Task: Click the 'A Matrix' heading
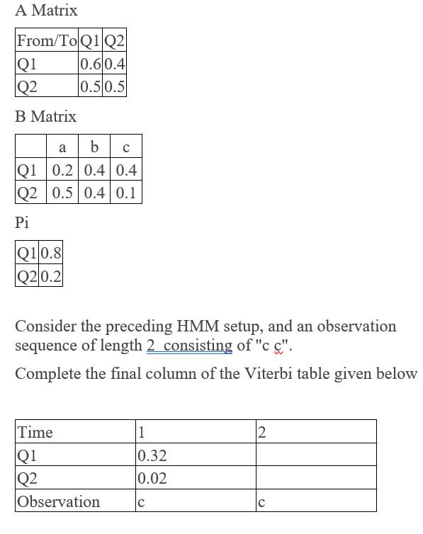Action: (x=46, y=11)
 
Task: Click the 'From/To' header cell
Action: (x=47, y=41)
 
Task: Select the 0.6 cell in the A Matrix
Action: (x=91, y=64)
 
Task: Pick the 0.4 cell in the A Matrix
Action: (x=115, y=64)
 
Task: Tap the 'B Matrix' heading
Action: (x=45, y=116)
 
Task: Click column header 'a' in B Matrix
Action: (x=62, y=147)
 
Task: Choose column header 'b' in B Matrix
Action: (x=95, y=147)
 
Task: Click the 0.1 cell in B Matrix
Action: (x=125, y=193)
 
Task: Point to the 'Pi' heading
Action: (x=22, y=222)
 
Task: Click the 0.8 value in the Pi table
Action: (x=51, y=253)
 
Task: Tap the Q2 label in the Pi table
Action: (x=28, y=275)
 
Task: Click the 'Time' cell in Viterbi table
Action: (x=35, y=432)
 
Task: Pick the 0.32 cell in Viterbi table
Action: (x=152, y=455)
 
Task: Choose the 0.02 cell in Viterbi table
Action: (x=152, y=478)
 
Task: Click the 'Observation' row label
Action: (x=59, y=501)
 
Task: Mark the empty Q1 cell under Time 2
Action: (x=315, y=455)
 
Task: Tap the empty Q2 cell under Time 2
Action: (x=315, y=478)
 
